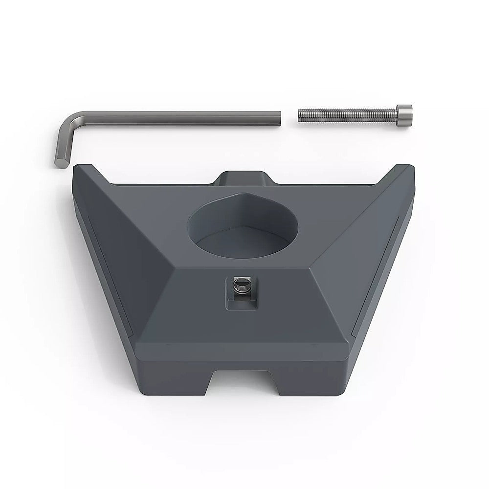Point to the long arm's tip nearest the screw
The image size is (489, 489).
coord(279,117)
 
